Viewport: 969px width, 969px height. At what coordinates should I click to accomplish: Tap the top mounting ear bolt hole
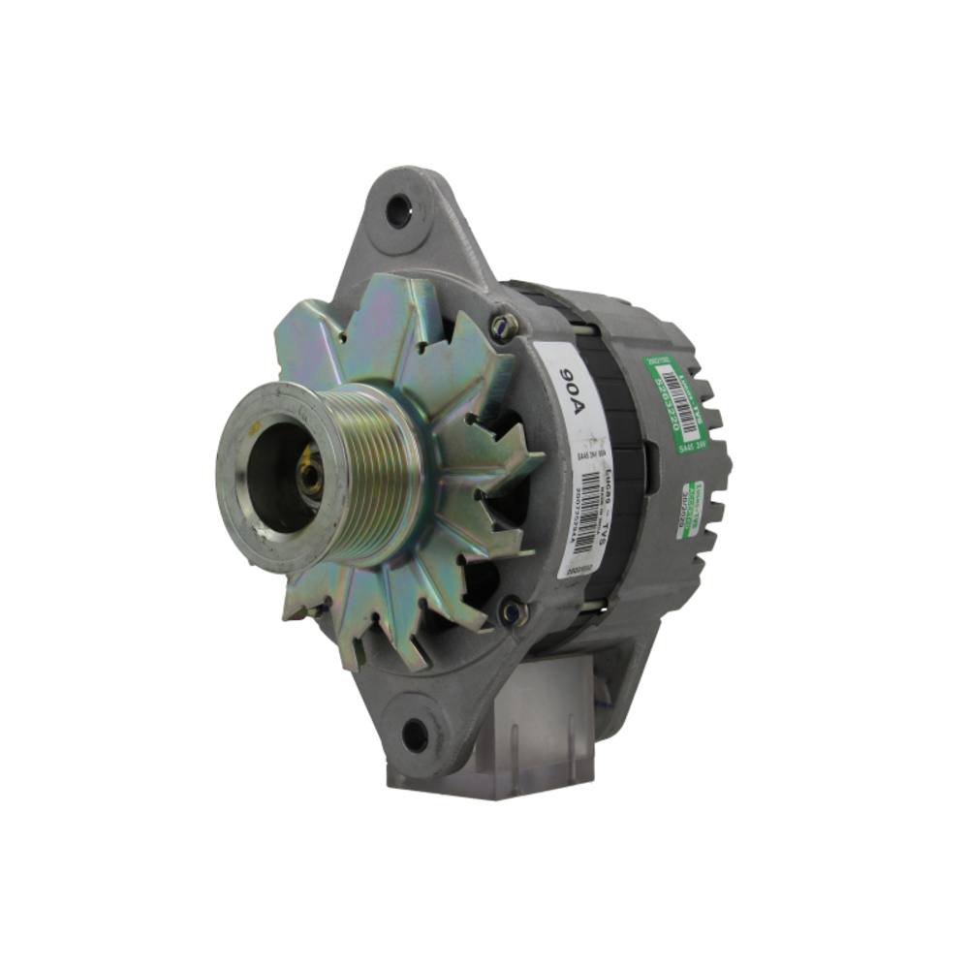pyautogui.click(x=398, y=210)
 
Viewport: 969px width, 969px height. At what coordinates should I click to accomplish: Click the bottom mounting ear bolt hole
pyautogui.click(x=415, y=735)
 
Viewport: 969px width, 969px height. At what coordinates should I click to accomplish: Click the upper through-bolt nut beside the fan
pyautogui.click(x=503, y=326)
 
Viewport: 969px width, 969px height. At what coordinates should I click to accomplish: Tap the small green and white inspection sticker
pyautogui.click(x=689, y=509)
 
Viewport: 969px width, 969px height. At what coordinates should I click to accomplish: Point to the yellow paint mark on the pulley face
pyautogui.click(x=255, y=426)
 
